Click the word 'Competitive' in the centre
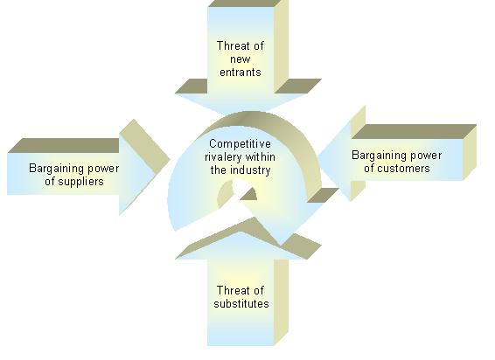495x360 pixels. pyautogui.click(x=240, y=144)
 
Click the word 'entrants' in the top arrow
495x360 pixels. pyautogui.click(x=241, y=73)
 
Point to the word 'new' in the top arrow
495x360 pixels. pyautogui.click(x=241, y=59)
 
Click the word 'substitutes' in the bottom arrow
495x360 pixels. pyautogui.click(x=241, y=303)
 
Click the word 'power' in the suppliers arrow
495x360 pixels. pyautogui.click(x=103, y=170)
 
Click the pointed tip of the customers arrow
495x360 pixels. pyautogui.click(x=317, y=155)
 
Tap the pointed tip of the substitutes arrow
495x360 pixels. pyautogui.click(x=241, y=232)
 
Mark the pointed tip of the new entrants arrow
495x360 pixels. pyautogui.click(x=241, y=114)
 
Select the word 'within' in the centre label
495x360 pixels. pyautogui.click(x=260, y=156)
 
